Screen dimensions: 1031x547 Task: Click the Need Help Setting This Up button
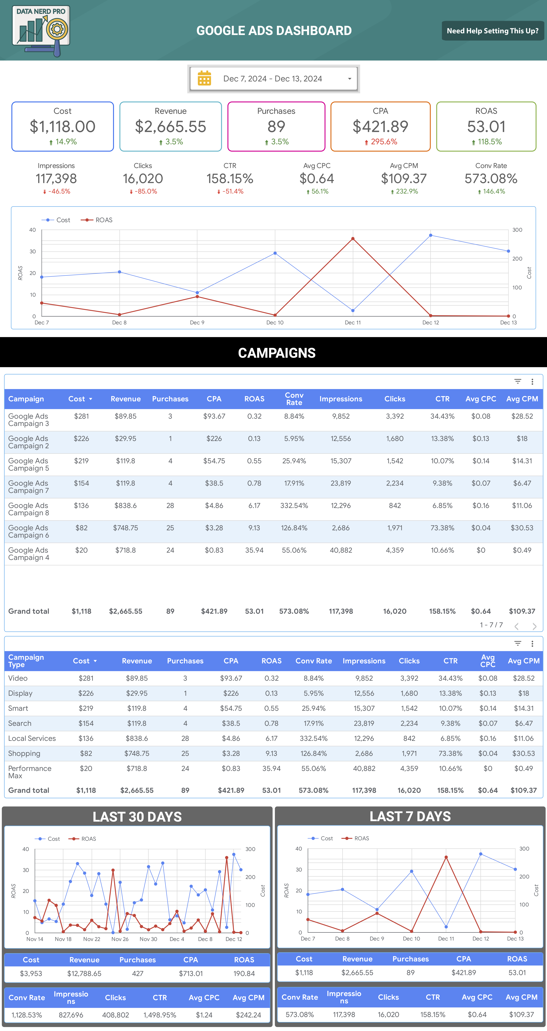pos(493,31)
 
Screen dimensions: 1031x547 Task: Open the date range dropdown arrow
pos(350,79)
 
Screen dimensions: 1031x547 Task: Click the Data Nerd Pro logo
pos(41,31)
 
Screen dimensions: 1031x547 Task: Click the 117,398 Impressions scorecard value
pos(56,178)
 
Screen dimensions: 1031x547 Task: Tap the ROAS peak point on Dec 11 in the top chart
pos(353,239)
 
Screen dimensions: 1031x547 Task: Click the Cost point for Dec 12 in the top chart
pos(430,235)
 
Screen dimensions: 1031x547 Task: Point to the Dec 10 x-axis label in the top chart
pos(275,323)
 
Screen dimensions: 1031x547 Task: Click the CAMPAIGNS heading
pos(277,353)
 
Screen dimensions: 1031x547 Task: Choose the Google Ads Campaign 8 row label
pos(28,509)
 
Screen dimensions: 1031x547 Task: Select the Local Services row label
pos(32,738)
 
